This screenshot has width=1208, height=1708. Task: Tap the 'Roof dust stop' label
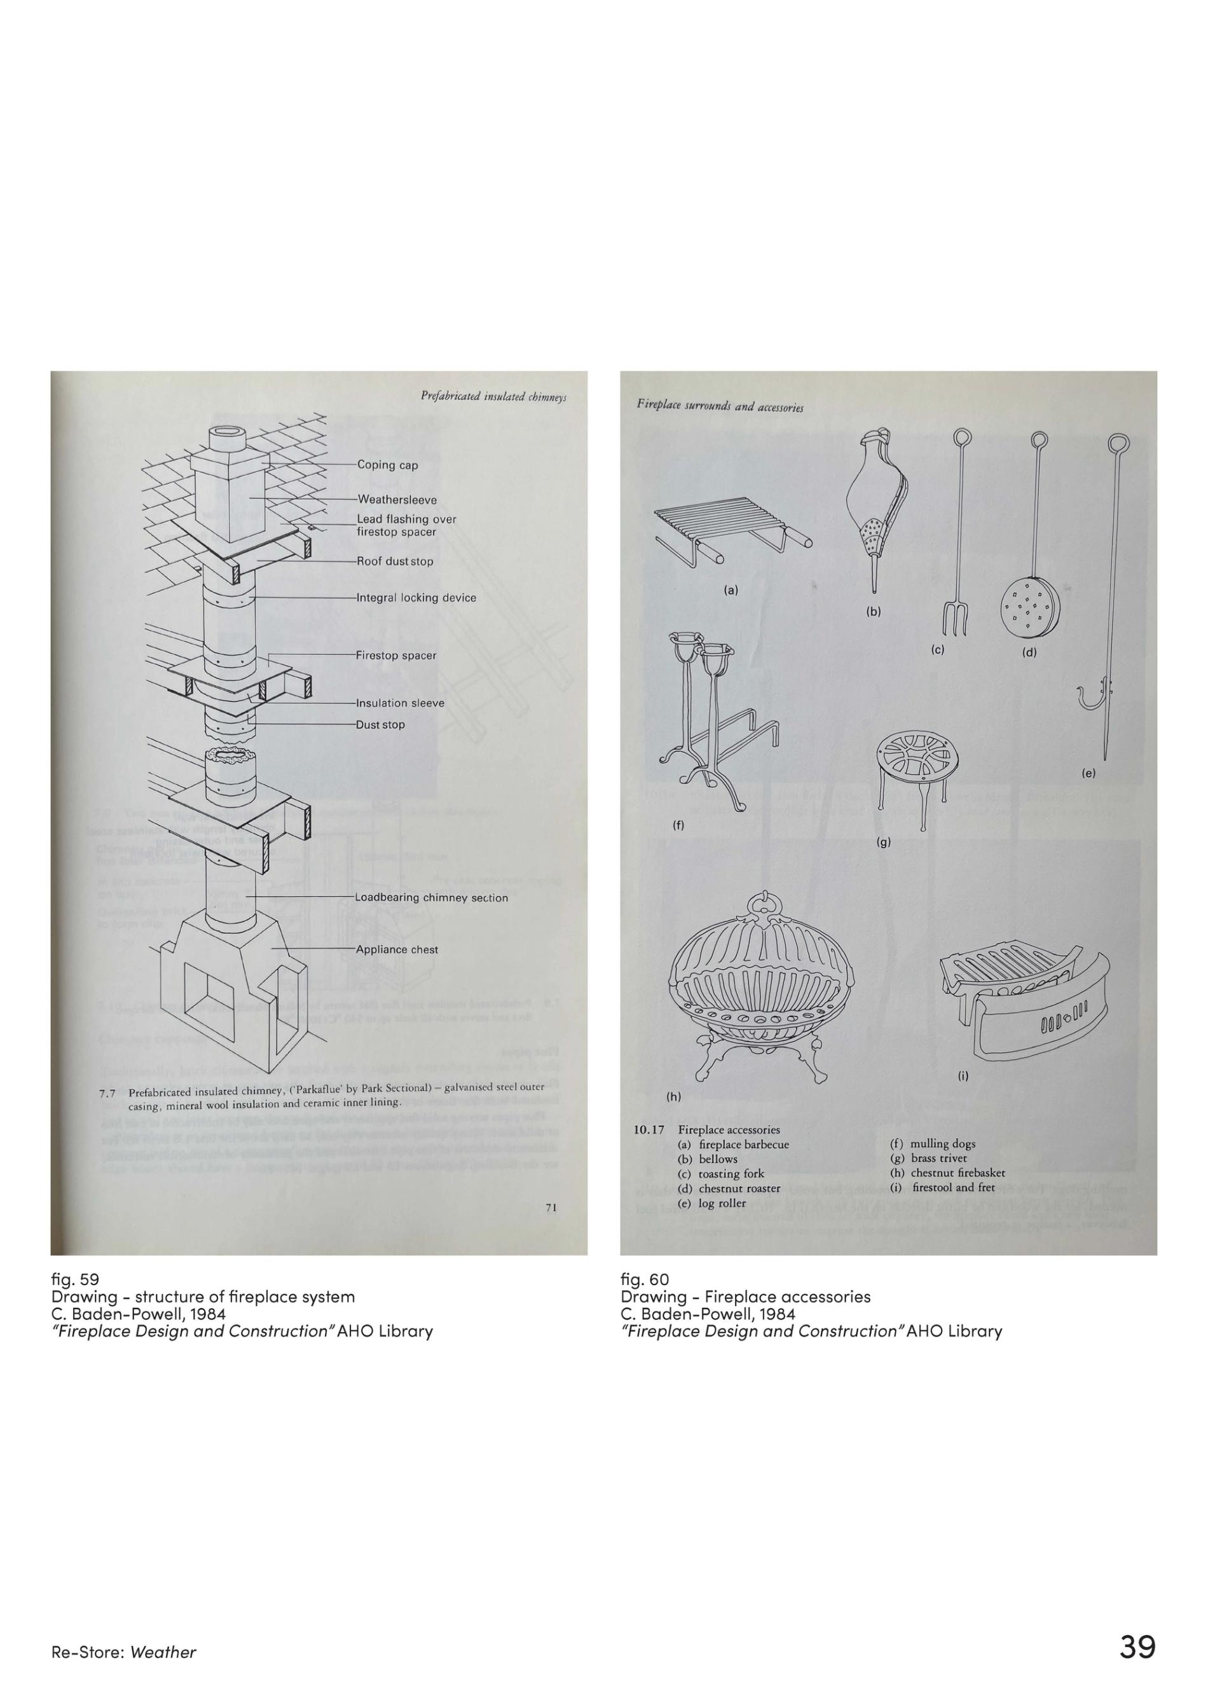[394, 561]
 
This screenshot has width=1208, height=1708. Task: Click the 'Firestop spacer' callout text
[395, 656]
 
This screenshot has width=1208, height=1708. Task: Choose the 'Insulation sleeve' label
[399, 703]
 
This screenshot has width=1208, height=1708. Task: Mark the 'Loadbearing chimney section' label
[430, 898]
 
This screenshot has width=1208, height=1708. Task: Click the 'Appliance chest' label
[397, 949]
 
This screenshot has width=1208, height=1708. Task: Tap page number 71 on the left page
[551, 1208]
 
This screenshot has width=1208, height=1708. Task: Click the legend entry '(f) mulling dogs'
[932, 1143]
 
